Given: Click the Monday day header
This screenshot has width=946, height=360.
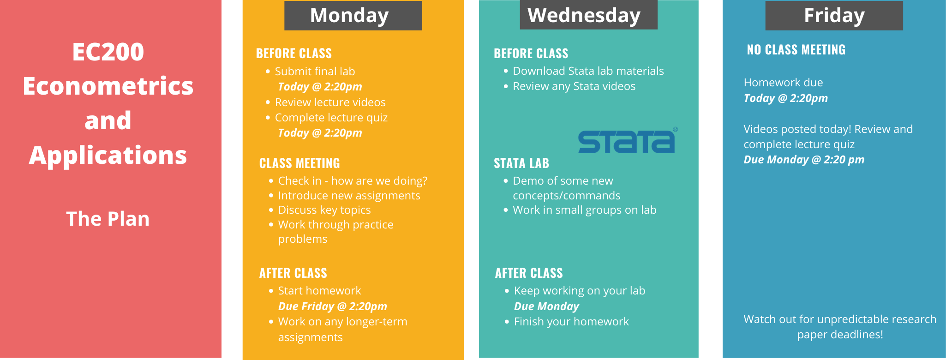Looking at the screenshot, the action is pos(353,15).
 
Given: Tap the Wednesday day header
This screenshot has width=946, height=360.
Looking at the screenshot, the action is pos(588,15).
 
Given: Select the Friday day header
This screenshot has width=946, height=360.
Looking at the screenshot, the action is pos(834,15).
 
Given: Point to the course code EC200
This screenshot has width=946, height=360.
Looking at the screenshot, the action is pos(108,52).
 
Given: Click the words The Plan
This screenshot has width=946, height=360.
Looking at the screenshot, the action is pos(108,219).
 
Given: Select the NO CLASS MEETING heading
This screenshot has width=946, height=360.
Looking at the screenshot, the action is pos(796,50).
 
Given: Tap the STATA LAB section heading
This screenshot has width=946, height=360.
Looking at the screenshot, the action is pos(521,163).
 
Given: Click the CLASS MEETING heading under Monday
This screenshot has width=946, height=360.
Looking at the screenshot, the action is pos(299,163).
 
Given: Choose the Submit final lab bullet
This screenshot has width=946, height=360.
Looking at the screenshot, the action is pos(315,72).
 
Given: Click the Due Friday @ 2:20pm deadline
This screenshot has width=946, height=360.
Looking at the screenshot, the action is pos(332,306).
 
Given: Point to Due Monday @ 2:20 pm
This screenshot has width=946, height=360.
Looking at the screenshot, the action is pos(804,160).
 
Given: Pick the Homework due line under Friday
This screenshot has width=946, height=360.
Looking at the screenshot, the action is pos(783,83).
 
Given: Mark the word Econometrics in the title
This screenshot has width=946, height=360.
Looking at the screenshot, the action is pos(108,86).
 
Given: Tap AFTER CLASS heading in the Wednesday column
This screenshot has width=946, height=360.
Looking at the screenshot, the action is pos(529,273).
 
